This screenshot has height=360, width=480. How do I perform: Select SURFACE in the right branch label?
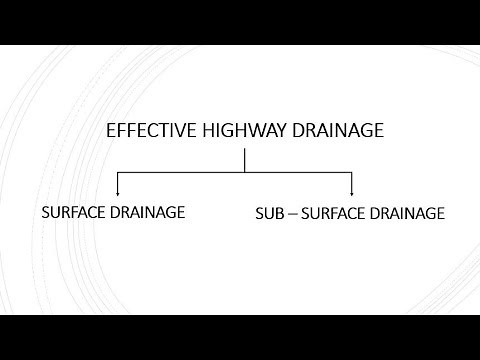336,214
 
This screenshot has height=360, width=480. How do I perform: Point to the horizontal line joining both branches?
180,172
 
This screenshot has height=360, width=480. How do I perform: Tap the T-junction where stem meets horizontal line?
245,172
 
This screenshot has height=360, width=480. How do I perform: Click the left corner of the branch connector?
119,172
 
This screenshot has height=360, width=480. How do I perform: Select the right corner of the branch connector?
352,172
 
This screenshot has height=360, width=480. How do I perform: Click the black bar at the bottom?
240,337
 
